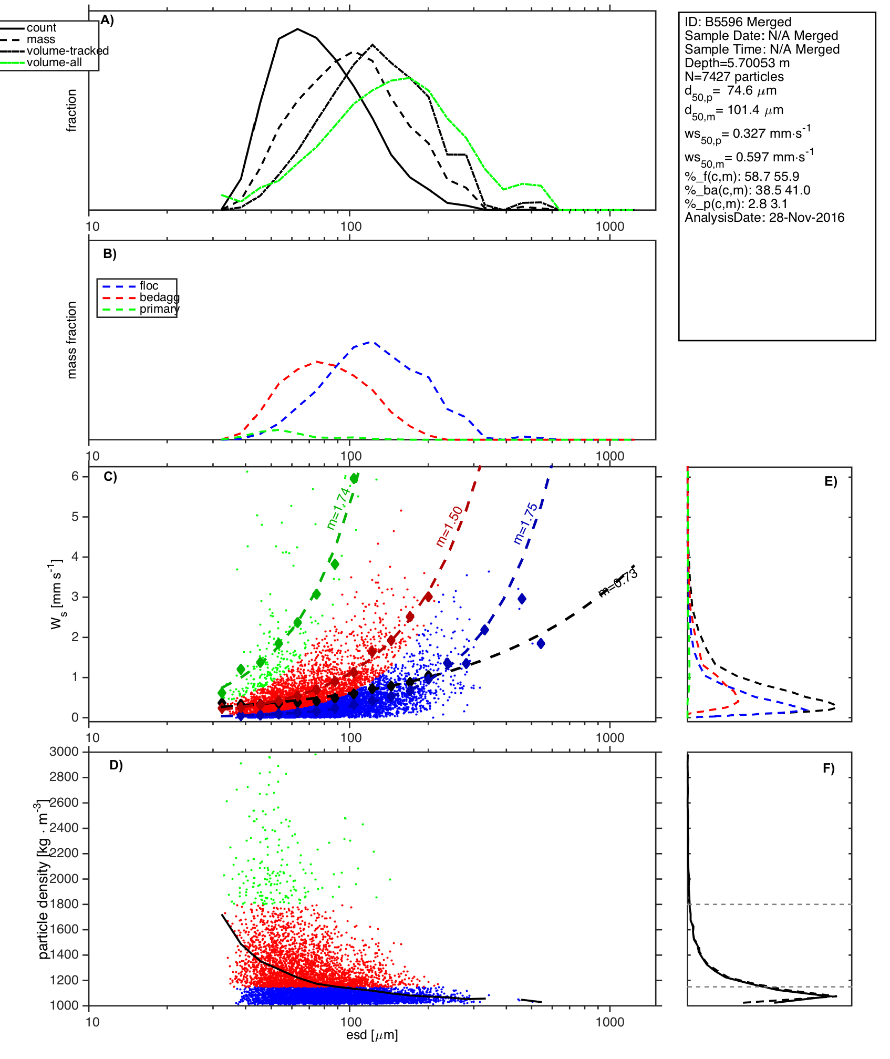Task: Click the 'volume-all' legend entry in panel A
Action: coord(54,63)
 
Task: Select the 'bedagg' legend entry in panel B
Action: coord(159,297)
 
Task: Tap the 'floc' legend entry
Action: coord(149,286)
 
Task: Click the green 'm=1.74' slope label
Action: coord(338,508)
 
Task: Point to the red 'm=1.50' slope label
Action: coord(450,527)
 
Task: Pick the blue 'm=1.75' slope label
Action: coord(526,523)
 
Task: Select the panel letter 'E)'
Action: coord(831,482)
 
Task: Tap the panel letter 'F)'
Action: coord(829,769)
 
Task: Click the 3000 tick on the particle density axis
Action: coord(64,752)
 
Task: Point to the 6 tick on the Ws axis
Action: coord(75,476)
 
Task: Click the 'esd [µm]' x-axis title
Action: coord(372,1035)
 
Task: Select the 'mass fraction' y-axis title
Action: coord(72,340)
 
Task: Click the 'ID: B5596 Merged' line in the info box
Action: coord(738,22)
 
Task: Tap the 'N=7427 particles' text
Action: coord(734,77)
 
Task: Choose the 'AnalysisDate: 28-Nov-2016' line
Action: coord(764,218)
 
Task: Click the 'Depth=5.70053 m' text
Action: coord(737,63)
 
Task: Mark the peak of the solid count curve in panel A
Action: coord(298,29)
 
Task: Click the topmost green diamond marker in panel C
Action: coord(355,478)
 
